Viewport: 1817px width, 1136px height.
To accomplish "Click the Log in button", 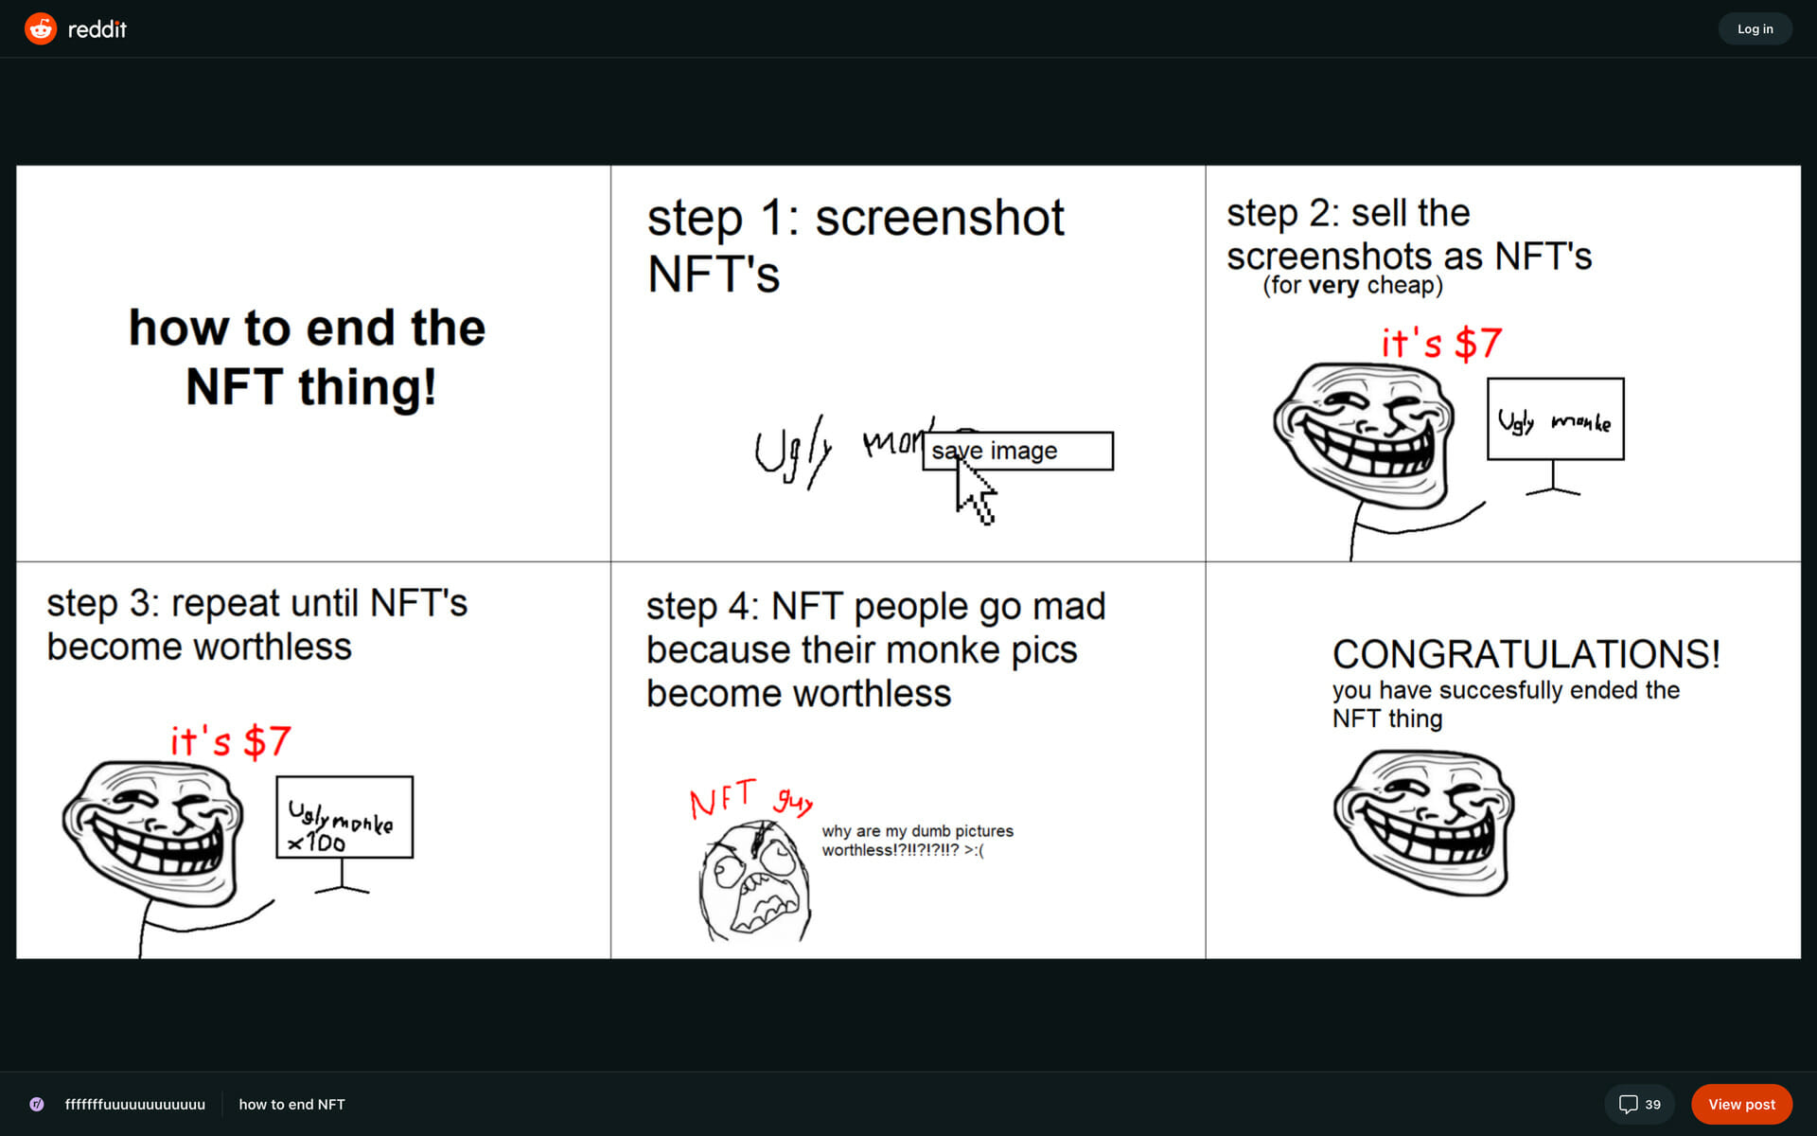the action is [1755, 28].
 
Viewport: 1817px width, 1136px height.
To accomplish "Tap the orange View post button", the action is [1741, 1104].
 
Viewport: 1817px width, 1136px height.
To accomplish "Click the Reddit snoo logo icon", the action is [41, 28].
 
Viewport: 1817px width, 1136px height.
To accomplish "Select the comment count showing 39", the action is [1639, 1104].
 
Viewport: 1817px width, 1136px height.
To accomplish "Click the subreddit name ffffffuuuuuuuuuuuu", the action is [134, 1104].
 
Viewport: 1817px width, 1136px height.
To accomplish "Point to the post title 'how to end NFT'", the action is [291, 1104].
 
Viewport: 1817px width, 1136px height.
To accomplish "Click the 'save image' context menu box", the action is [1018, 451].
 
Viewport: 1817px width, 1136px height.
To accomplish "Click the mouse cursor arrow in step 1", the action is [975, 490].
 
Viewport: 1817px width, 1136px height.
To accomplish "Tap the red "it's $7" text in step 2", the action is [1441, 343].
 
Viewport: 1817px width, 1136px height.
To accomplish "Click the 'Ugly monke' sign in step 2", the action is [1556, 419].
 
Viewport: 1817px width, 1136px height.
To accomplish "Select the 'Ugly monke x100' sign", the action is [344, 817].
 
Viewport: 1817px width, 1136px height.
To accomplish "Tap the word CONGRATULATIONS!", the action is [1526, 654].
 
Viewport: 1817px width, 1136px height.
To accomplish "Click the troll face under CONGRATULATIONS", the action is [1424, 822].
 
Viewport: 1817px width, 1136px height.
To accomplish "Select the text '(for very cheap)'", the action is [1353, 285].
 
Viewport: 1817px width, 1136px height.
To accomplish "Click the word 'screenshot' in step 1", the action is [940, 218].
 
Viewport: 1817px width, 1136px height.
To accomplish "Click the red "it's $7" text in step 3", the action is [230, 740].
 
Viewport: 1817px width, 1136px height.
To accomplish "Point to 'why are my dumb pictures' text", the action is [917, 831].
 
